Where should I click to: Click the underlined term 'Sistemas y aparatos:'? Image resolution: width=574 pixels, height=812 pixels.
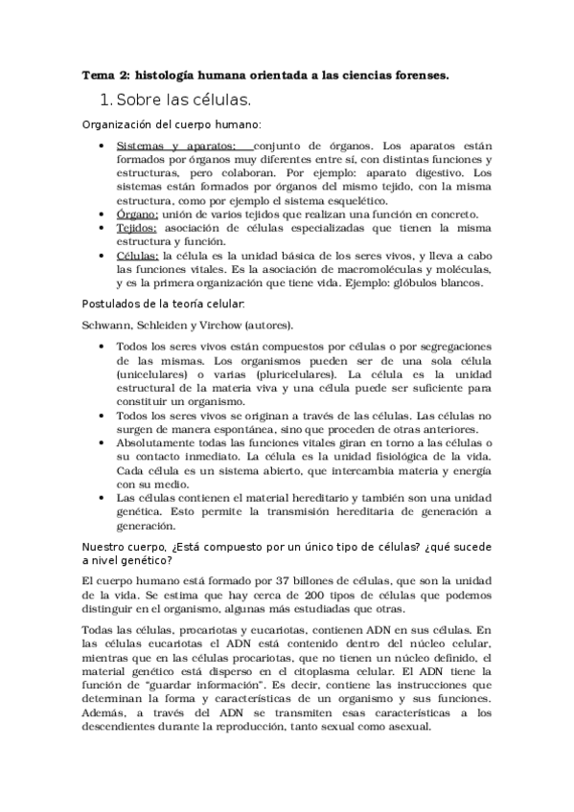click(170, 145)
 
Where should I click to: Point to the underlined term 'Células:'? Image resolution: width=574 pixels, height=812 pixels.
click(138, 257)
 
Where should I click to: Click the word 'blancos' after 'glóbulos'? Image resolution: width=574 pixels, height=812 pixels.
click(463, 284)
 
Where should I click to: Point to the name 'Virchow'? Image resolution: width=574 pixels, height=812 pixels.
click(227, 326)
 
